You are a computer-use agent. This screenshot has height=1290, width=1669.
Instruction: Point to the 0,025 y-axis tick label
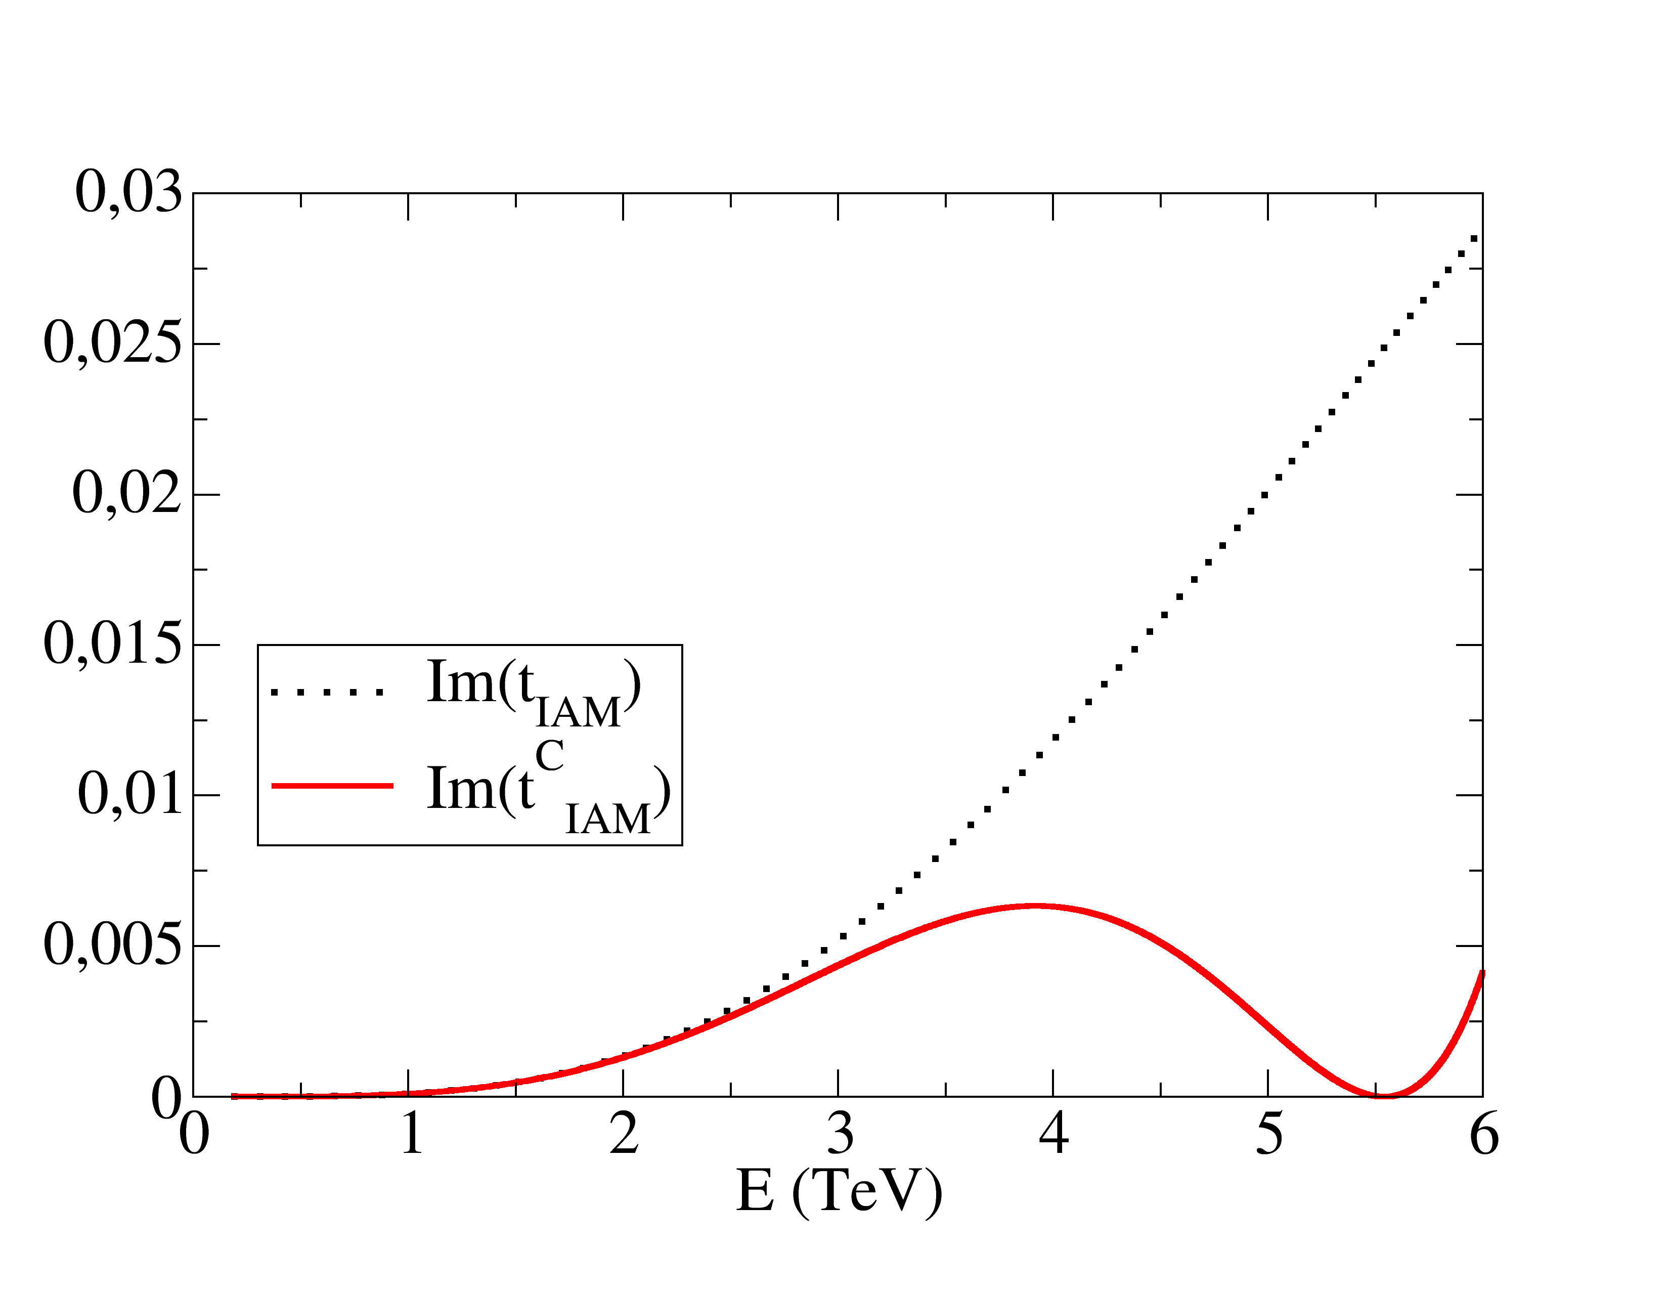[x=113, y=343]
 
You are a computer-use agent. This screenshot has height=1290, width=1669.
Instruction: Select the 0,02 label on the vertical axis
[x=127, y=494]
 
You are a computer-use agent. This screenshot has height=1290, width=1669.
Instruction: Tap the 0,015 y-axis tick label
[x=113, y=644]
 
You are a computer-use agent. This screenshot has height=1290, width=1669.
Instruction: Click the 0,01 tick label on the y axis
[x=130, y=795]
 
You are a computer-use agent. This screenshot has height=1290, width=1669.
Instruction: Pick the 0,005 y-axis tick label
[x=113, y=945]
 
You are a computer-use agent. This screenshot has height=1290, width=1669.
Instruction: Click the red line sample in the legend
[x=332, y=786]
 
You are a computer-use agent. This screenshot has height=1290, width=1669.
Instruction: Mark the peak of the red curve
[x=1033, y=907]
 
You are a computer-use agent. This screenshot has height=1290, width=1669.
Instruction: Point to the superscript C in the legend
[x=549, y=757]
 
